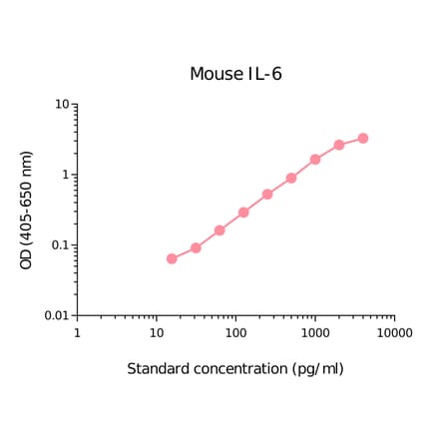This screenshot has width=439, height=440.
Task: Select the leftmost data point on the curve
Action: [x=172, y=258]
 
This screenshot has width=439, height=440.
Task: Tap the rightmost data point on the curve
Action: [x=363, y=139]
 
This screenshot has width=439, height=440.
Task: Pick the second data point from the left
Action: [x=196, y=247]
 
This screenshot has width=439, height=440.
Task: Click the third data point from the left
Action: [x=219, y=230]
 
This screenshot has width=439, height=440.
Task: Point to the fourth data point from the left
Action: [x=243, y=213]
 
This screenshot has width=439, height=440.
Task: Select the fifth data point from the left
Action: [x=267, y=195]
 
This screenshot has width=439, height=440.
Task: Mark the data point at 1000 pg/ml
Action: [x=315, y=160]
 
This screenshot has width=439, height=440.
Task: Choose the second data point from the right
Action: [x=339, y=145]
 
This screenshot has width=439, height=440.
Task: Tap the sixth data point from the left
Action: [x=291, y=179]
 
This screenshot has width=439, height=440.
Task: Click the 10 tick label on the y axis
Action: [x=62, y=105]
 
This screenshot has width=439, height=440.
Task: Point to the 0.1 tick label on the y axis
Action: [x=58, y=245]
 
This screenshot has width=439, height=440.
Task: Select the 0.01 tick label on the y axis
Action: [x=55, y=316]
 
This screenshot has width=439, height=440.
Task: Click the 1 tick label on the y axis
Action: [x=66, y=176]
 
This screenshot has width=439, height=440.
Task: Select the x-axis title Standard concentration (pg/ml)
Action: [x=235, y=369]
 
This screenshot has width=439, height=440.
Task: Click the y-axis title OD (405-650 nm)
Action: [x=27, y=211]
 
